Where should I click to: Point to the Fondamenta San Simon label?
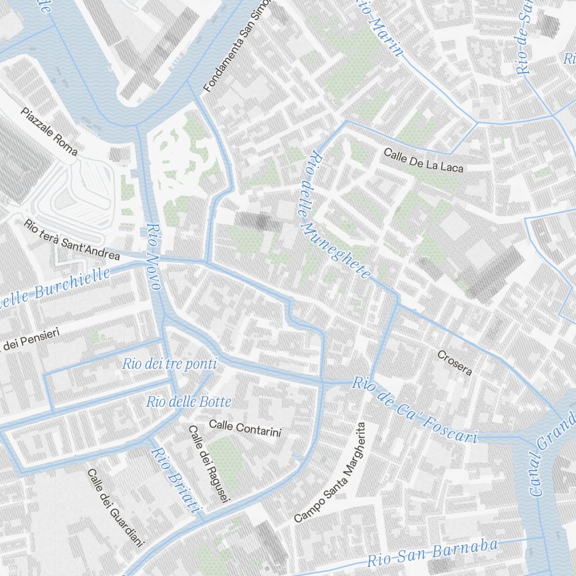(x=236, y=50)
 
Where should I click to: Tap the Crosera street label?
(x=455, y=362)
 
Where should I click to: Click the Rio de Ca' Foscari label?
(x=415, y=410)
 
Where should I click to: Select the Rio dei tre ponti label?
(x=169, y=364)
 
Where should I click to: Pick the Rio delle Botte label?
(x=188, y=402)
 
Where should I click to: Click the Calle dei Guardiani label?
(x=115, y=507)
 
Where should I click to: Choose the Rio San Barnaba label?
(x=432, y=552)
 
